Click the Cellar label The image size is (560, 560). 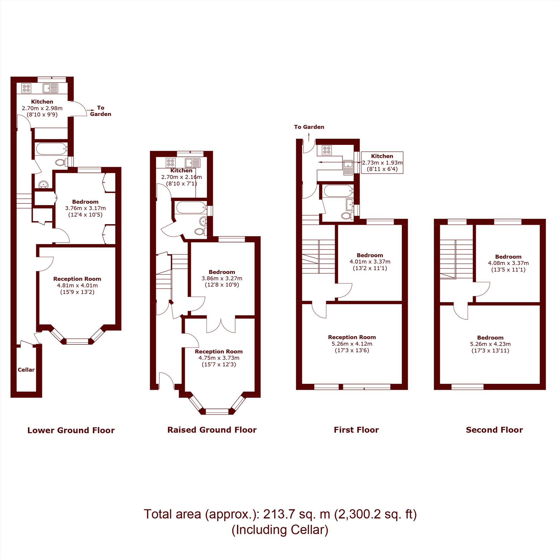[26, 370]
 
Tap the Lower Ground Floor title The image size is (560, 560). [71, 430]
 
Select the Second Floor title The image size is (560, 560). [494, 430]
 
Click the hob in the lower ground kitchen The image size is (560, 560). [26, 88]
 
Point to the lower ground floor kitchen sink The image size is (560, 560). [50, 88]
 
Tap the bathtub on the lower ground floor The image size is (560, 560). [51, 148]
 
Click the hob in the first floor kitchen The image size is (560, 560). [327, 150]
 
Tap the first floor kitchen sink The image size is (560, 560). [348, 167]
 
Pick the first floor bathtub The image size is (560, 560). [338, 191]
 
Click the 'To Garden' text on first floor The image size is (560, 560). [309, 127]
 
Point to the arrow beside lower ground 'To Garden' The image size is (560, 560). [90, 110]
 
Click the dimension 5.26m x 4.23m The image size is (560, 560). [491, 344]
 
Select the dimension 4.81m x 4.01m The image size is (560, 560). [77, 285]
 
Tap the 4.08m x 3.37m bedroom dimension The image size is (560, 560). [508, 263]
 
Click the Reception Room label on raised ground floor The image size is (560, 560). [219, 351]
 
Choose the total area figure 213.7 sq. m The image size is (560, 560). [297, 514]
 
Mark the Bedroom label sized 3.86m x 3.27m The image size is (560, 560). [222, 272]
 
